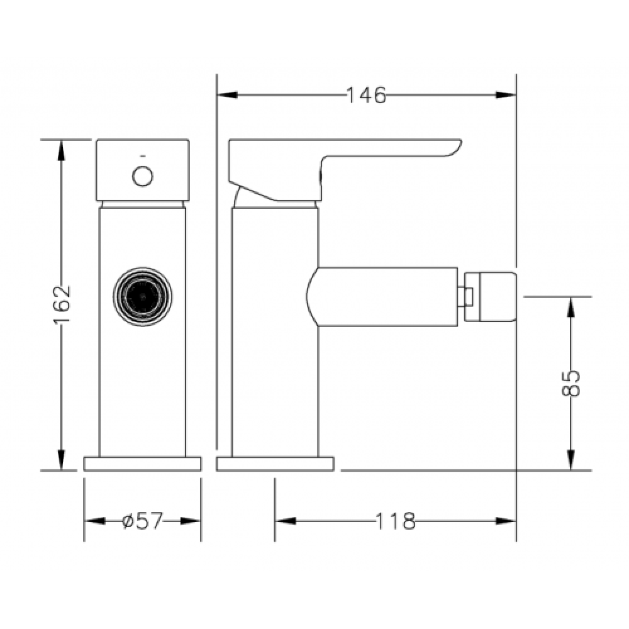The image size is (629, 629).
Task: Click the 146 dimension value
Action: [365, 96]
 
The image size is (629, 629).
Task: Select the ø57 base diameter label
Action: [143, 521]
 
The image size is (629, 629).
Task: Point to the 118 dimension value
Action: [395, 521]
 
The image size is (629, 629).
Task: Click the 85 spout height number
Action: [571, 383]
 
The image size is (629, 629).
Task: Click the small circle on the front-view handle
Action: [142, 176]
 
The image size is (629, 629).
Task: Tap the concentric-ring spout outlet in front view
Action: [143, 296]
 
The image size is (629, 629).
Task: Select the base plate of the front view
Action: [142, 464]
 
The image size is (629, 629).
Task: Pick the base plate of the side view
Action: [276, 464]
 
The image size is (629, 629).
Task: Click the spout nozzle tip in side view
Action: [490, 297]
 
